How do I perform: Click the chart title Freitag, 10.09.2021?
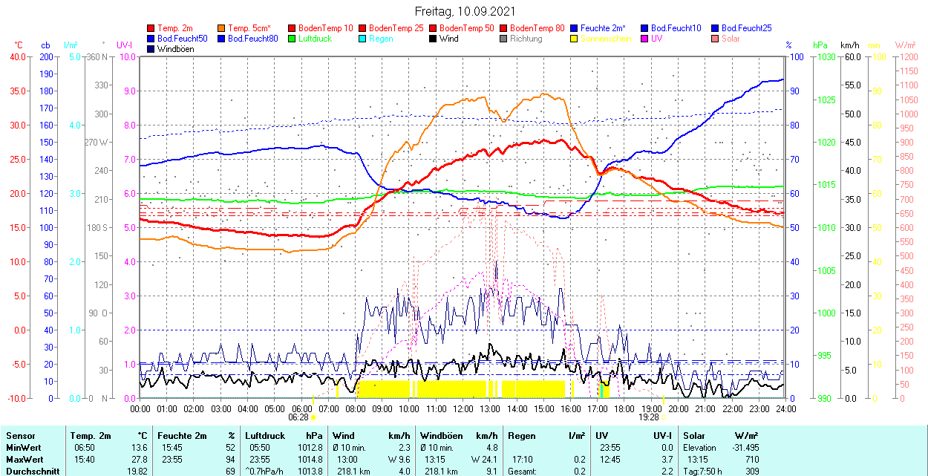[x=464, y=11]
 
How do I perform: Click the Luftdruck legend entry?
[x=315, y=39]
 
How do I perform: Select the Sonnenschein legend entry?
[x=606, y=39]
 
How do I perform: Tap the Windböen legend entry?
[x=174, y=49]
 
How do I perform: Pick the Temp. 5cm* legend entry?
[x=249, y=28]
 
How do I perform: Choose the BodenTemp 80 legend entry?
[x=537, y=28]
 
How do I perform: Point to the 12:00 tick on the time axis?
[x=463, y=408]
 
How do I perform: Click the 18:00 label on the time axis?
[x=624, y=408]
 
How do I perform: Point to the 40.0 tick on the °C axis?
[x=16, y=56]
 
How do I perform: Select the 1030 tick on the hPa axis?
[x=829, y=56]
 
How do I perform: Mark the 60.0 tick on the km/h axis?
[x=852, y=56]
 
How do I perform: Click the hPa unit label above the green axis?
[x=820, y=45]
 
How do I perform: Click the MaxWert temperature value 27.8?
[x=138, y=460]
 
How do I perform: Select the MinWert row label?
[x=24, y=448]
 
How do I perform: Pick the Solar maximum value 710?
[x=751, y=460]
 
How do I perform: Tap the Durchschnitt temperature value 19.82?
[x=136, y=472]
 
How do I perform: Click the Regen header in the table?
[x=521, y=436]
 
